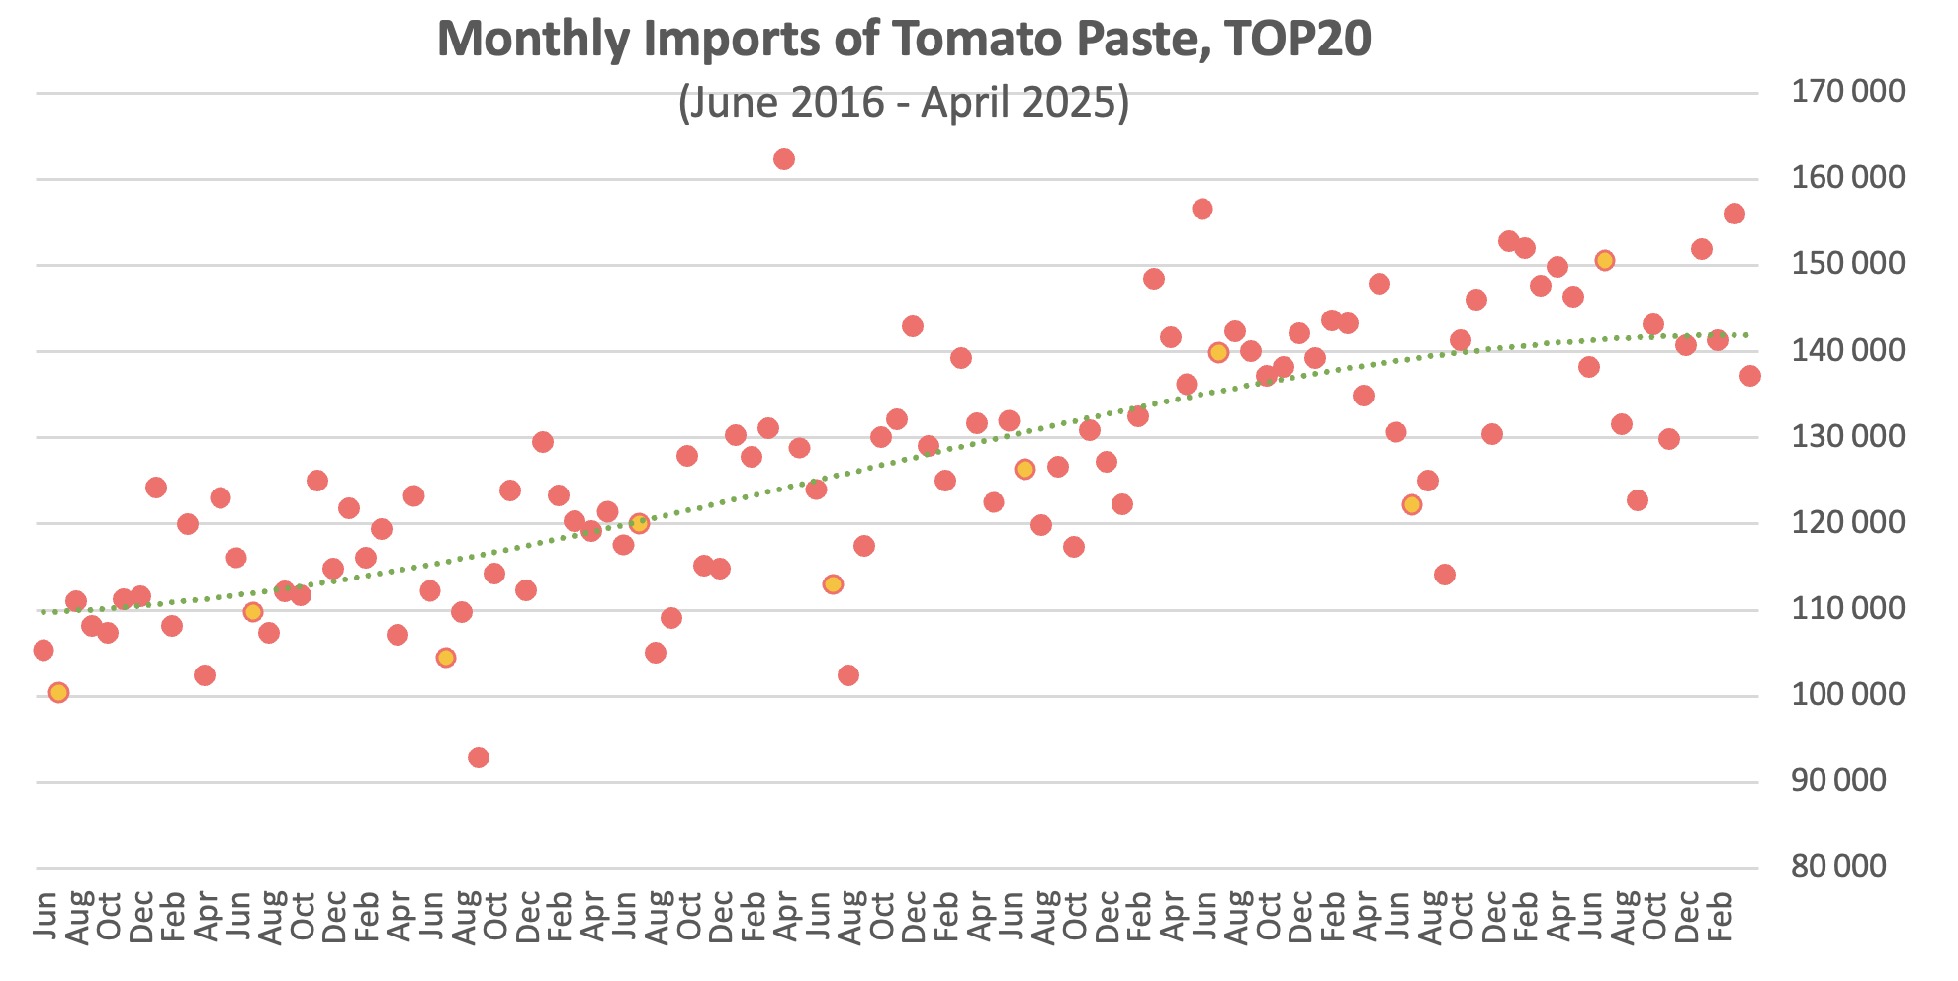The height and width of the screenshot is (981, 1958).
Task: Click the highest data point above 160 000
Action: pos(784,159)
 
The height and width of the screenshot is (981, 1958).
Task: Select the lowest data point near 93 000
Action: pos(479,758)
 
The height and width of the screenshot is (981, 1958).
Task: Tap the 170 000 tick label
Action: pos(1847,92)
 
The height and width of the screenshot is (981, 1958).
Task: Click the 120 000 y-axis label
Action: pos(1847,522)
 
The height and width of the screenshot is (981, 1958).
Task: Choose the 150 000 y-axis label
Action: pos(1847,264)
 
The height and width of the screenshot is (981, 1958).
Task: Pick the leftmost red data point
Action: pos(44,650)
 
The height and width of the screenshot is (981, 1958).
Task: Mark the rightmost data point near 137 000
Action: pos(1750,376)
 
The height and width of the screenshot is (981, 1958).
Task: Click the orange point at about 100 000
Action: pos(59,692)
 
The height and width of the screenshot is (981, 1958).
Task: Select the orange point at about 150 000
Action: pos(1605,260)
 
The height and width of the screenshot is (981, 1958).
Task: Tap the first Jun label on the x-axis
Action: pos(44,916)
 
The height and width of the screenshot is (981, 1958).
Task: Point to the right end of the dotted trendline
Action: pos(1748,335)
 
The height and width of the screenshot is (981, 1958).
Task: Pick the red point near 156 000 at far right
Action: pos(1735,214)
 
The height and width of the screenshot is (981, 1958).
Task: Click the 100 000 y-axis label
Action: pos(1847,695)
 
